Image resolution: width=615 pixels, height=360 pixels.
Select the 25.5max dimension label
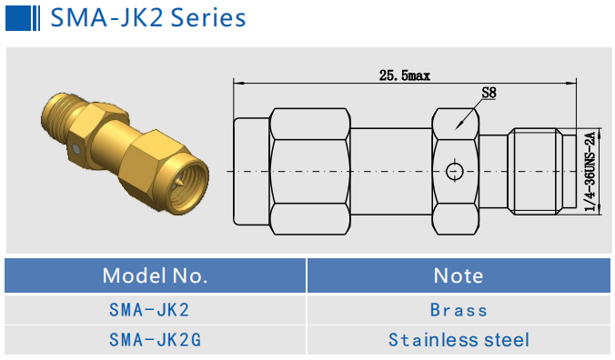point(404,75)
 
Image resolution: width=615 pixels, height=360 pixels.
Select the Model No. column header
point(155,275)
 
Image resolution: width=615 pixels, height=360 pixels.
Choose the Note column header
point(459,275)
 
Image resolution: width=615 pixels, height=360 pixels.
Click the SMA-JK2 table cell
point(155,310)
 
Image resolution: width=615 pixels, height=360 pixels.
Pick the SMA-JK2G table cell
point(155,340)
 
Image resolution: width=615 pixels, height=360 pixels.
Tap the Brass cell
point(459,310)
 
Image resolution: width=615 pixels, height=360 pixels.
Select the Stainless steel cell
point(459,340)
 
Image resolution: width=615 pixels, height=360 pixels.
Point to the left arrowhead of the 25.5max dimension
point(238,84)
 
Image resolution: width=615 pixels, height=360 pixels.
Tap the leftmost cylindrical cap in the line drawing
point(251,171)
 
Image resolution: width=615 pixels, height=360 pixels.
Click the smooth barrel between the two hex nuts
point(391,171)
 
